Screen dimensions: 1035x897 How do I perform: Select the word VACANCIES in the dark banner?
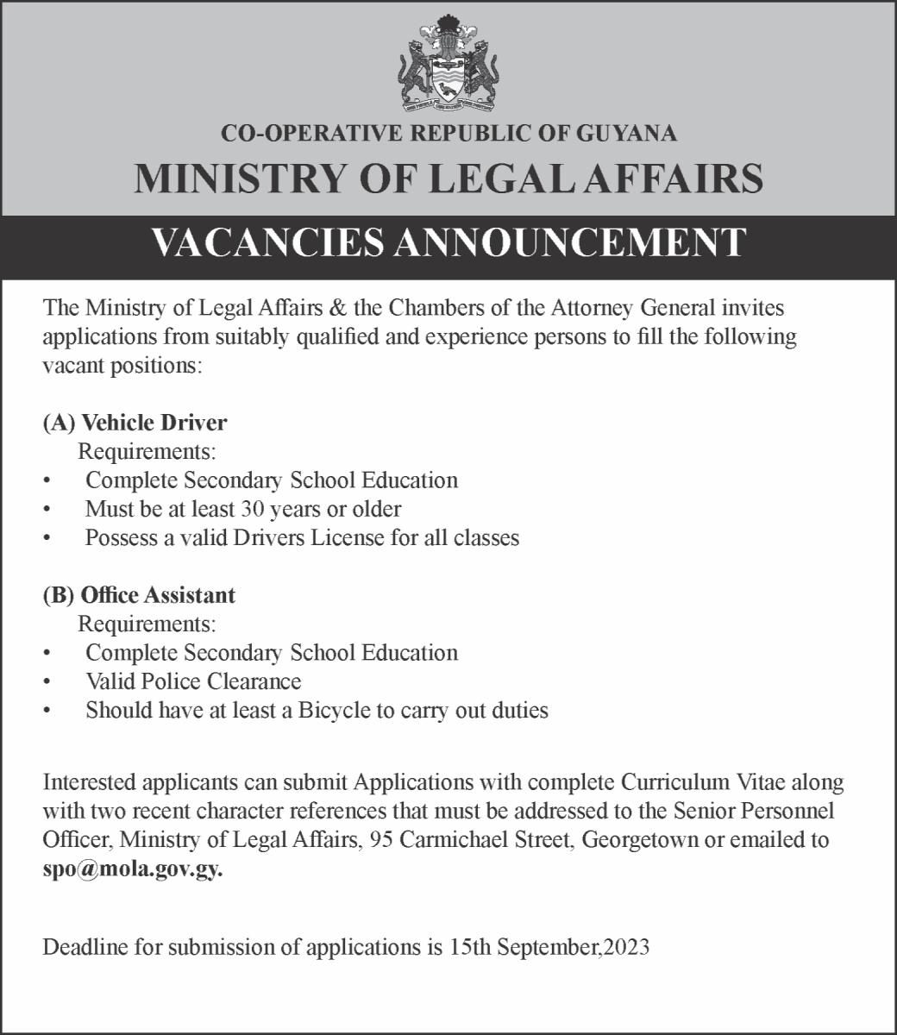click(x=267, y=242)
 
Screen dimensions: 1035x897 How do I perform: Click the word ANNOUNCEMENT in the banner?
click(x=569, y=242)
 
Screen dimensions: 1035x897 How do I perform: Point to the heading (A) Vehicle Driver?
click(x=135, y=423)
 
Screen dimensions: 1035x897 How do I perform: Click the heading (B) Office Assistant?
click(x=139, y=595)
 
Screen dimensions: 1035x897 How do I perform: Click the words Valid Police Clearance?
click(x=193, y=681)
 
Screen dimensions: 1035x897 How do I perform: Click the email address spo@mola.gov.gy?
click(x=133, y=869)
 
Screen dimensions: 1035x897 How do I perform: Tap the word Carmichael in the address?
click(x=450, y=840)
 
